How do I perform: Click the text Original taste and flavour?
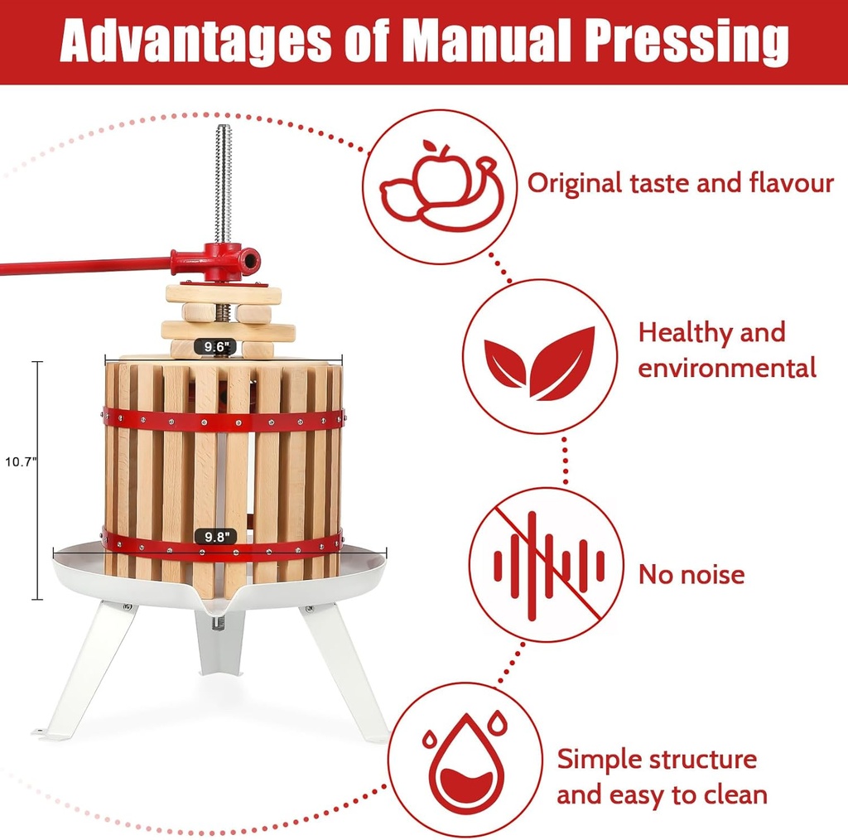point(681,183)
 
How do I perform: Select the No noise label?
point(691,574)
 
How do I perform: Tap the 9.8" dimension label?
point(215,537)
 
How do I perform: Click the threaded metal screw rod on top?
point(222,182)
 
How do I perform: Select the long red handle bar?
point(83,267)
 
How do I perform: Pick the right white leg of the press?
point(344,671)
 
